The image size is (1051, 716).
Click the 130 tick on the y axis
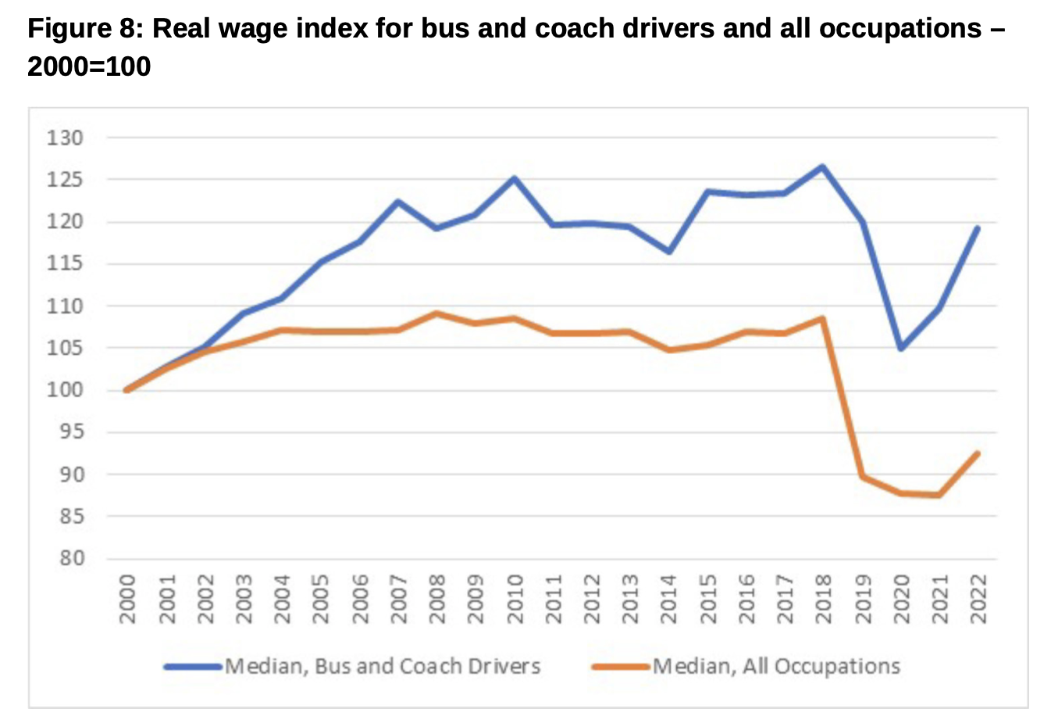click(65, 138)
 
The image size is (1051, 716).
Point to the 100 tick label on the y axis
click(65, 390)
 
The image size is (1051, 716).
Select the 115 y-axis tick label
click(65, 264)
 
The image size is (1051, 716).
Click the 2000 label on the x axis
click(127, 600)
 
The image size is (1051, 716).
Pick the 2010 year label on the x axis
click(515, 600)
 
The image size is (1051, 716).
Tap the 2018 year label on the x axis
click(824, 600)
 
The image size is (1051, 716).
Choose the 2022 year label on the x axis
click(978, 600)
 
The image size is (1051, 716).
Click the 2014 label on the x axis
click(669, 600)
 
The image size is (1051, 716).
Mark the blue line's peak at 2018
click(823, 166)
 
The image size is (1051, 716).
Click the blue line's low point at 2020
click(900, 348)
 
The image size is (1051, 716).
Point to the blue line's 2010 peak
click(515, 178)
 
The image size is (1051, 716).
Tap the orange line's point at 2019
click(862, 476)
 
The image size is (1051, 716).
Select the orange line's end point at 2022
click(978, 453)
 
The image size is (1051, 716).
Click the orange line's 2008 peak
click(437, 313)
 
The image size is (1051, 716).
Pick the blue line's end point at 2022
click(978, 228)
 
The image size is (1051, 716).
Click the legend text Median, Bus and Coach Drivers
click(383, 667)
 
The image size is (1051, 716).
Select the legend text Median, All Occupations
click(776, 667)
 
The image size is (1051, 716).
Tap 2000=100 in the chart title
click(89, 66)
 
